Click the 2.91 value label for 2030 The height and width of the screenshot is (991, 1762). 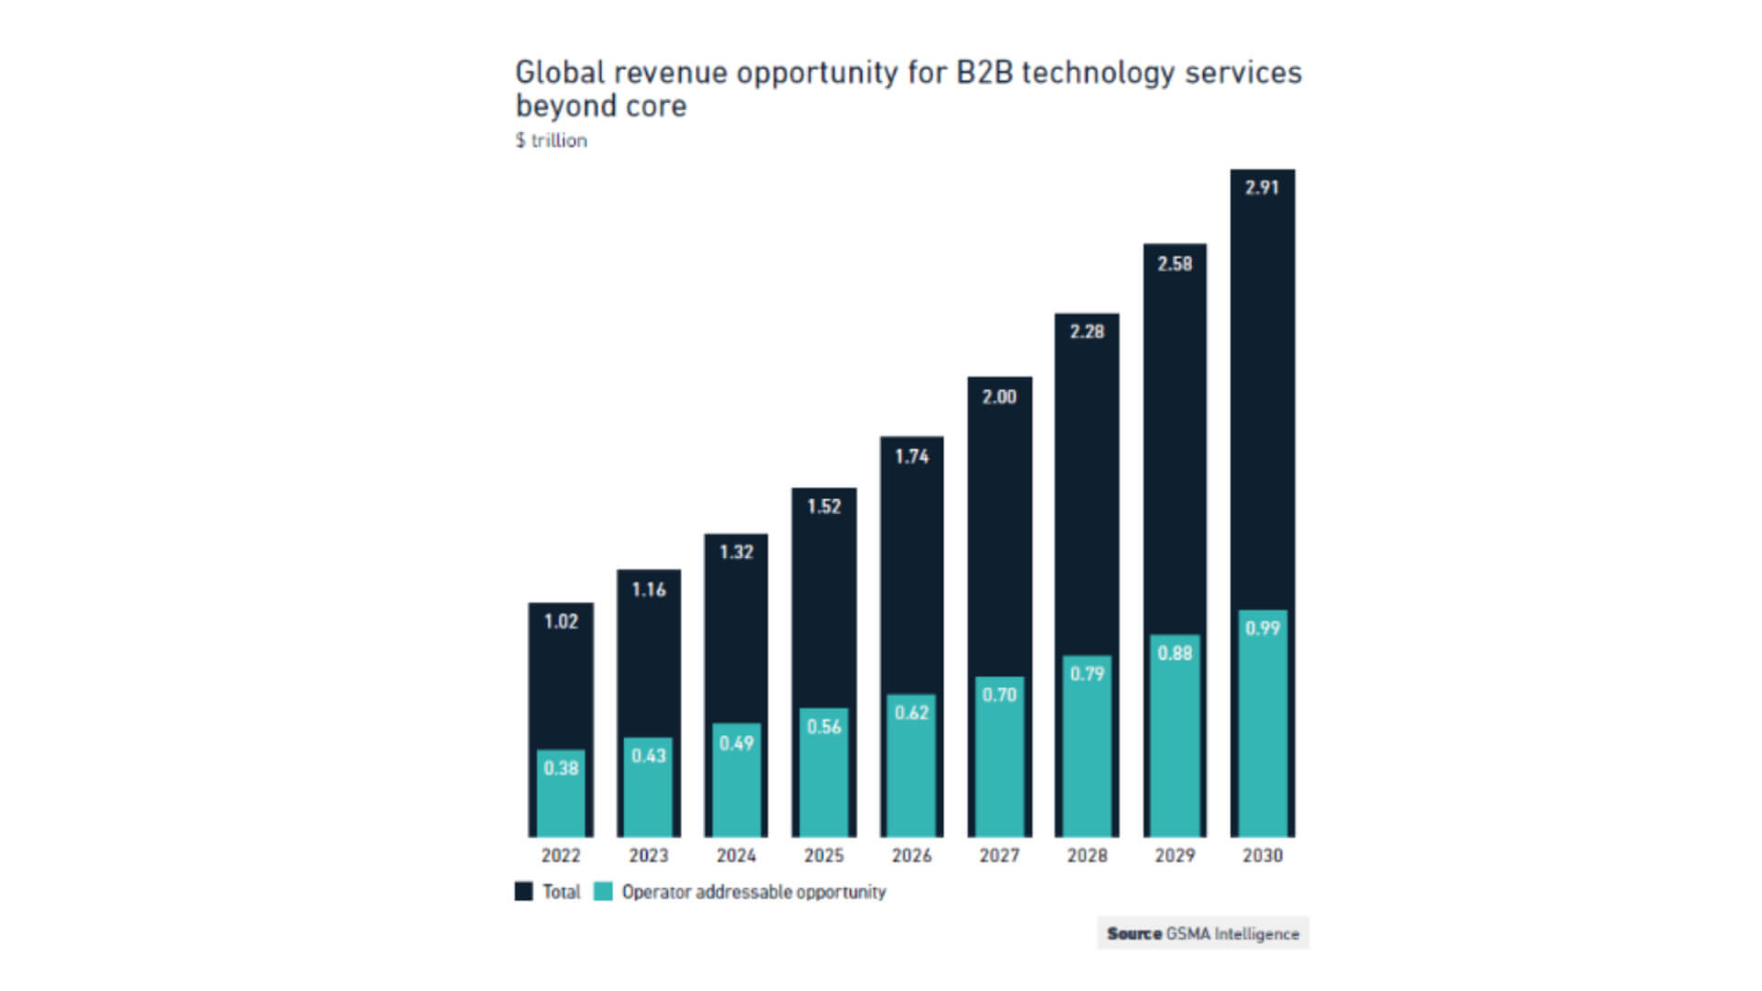pos(1262,188)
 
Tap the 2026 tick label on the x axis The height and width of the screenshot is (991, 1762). pos(911,855)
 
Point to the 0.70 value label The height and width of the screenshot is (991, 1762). pos(999,695)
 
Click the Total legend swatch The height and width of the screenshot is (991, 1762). pos(524,892)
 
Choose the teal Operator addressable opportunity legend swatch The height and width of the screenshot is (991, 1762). pos(603,892)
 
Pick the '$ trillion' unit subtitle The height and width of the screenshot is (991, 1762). pos(551,140)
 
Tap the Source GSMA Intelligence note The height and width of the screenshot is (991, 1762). pos(1202,933)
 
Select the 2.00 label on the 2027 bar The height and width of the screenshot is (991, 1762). pos(999,397)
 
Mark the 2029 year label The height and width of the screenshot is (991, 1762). pos(1175,855)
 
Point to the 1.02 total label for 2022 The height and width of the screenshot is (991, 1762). pos(561,622)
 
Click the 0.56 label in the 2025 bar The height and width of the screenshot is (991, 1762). pos(824,727)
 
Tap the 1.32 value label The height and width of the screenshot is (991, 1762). pos(736,552)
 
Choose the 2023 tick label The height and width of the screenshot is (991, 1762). pos(648,855)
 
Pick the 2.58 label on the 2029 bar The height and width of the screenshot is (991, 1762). pos(1175,264)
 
